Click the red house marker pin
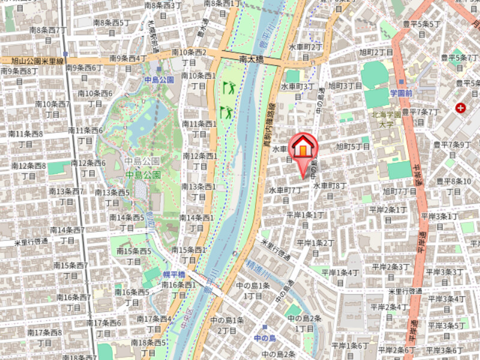[x=304, y=148]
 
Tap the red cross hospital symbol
[x=460, y=108]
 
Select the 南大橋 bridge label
[x=251, y=59]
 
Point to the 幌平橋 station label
[x=173, y=274]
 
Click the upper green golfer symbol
[x=229, y=88]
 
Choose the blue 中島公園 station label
[x=158, y=79]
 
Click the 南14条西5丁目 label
[x=127, y=222]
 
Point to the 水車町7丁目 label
[x=286, y=194]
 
